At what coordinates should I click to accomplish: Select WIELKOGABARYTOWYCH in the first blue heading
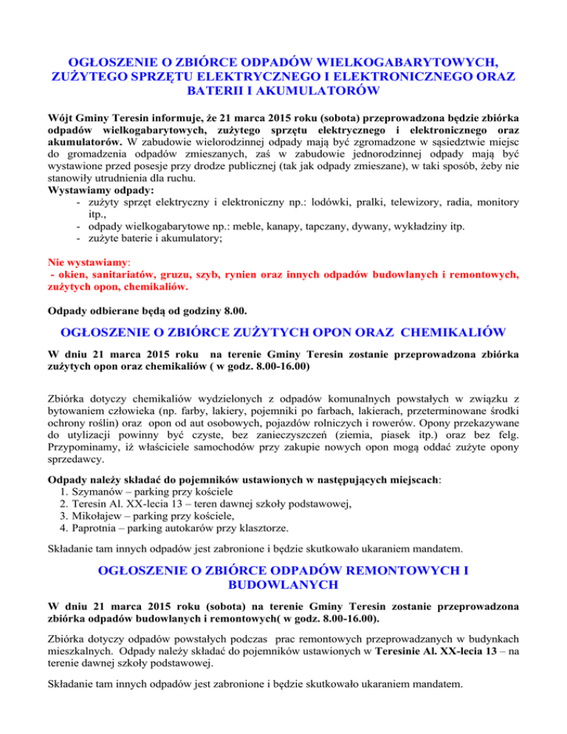coord(391,59)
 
